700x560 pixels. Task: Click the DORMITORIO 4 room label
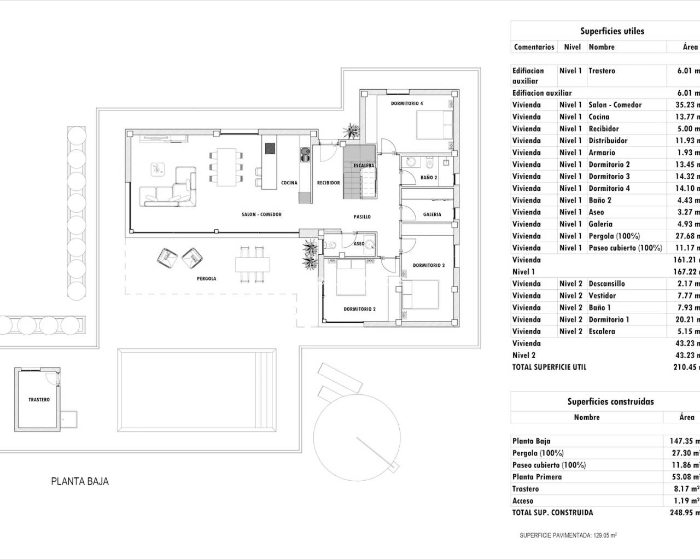tap(406, 103)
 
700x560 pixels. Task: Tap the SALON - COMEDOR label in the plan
tap(261, 214)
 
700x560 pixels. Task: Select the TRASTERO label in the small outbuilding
tap(39, 400)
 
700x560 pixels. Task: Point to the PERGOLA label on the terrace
tap(206, 278)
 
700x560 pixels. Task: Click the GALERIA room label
tap(432, 214)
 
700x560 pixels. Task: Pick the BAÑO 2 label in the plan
tap(429, 177)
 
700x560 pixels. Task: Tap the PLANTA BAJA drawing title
tap(80, 482)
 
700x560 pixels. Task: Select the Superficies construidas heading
tap(610, 401)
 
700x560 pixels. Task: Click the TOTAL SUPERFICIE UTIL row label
tap(549, 367)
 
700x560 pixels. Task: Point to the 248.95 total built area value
tap(684, 512)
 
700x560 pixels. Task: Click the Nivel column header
tap(572, 47)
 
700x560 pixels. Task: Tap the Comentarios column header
tap(534, 47)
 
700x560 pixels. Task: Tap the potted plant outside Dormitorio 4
tap(350, 131)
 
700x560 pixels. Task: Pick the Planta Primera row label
tap(536, 477)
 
